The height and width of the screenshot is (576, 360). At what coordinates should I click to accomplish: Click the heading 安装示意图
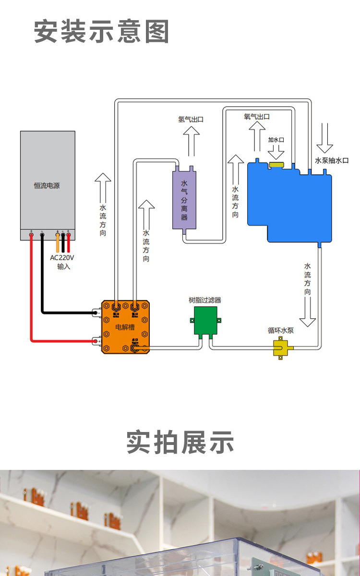pyautogui.click(x=101, y=32)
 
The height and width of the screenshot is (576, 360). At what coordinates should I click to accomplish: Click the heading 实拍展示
pyautogui.click(x=180, y=442)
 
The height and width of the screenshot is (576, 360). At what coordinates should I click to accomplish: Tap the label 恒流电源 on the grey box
pyautogui.click(x=47, y=185)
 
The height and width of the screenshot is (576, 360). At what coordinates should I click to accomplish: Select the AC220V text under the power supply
pyautogui.click(x=62, y=258)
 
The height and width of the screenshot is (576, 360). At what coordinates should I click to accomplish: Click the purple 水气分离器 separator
pyautogui.click(x=185, y=200)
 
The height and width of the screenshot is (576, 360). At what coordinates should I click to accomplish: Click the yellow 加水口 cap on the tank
pyautogui.click(x=276, y=165)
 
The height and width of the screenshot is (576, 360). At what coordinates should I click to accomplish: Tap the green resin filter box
pyautogui.click(x=205, y=321)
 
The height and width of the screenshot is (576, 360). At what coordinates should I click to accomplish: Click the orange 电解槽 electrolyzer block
pyautogui.click(x=125, y=327)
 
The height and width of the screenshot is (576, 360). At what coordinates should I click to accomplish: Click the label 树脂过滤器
pyautogui.click(x=205, y=300)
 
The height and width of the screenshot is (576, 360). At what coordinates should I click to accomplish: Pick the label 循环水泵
pyautogui.click(x=281, y=331)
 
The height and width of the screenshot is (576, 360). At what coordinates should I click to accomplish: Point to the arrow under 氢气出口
pyautogui.click(x=192, y=142)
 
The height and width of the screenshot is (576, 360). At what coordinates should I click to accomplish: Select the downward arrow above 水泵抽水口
pyautogui.click(x=324, y=139)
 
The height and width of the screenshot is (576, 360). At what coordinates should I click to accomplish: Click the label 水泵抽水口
pyautogui.click(x=332, y=161)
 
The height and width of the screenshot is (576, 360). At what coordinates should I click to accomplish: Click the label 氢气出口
pyautogui.click(x=191, y=119)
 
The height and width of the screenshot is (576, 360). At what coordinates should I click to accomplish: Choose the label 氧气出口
pyautogui.click(x=257, y=117)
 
